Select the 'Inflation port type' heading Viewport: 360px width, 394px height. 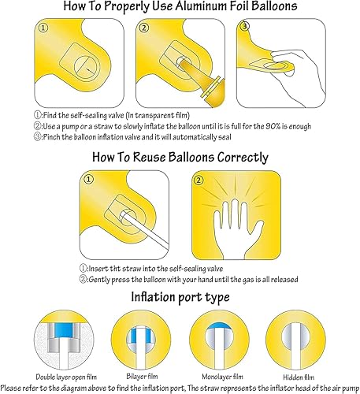click(180, 299)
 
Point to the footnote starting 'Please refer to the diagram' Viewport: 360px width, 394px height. click(180, 388)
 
